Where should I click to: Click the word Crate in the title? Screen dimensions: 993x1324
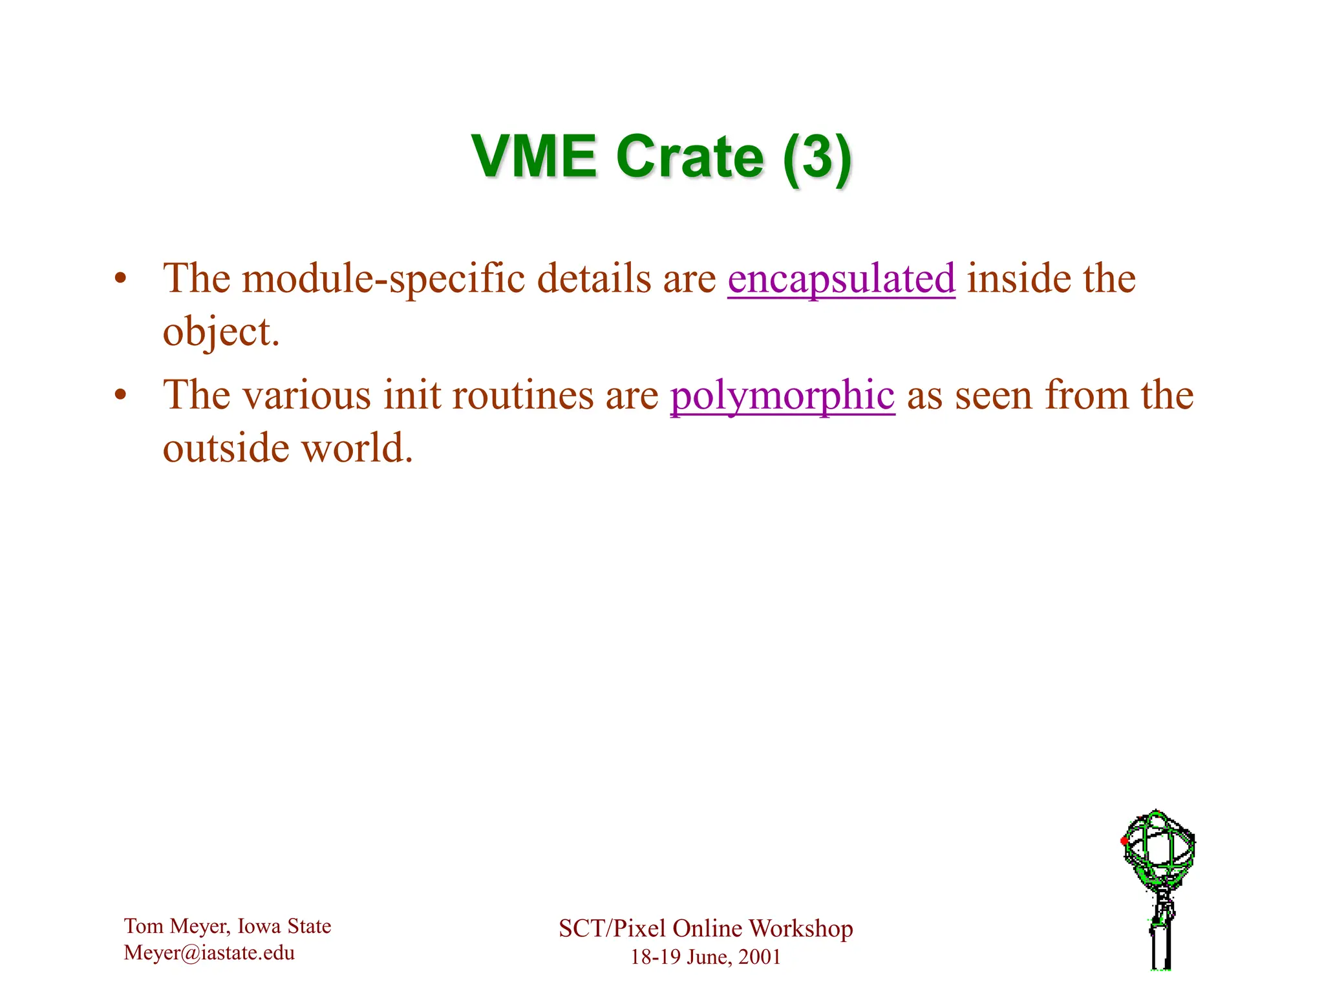(x=690, y=157)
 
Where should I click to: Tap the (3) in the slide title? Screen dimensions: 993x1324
(x=817, y=157)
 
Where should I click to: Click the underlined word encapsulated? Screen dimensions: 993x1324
(x=841, y=279)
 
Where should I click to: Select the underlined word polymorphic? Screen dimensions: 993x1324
(x=782, y=395)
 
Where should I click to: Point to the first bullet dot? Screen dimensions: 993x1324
(x=119, y=280)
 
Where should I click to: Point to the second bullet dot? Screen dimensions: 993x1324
(x=119, y=396)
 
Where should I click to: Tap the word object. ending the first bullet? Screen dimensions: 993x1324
(x=221, y=332)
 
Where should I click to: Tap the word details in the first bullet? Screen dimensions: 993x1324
(x=594, y=279)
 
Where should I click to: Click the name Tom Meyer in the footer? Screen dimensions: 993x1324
(x=176, y=926)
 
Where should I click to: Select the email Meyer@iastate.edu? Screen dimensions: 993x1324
(x=209, y=953)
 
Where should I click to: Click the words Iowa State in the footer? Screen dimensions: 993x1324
(x=284, y=926)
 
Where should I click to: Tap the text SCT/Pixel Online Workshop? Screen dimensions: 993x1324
(x=705, y=928)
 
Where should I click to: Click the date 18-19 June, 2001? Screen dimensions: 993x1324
(x=705, y=957)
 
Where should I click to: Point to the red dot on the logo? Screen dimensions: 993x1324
(x=1124, y=841)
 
